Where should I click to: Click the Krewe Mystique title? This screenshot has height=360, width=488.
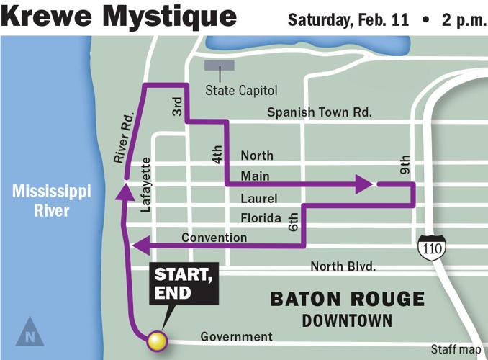coord(119,16)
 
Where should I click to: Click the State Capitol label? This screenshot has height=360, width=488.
coord(240,91)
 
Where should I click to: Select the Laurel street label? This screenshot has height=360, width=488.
coord(259,197)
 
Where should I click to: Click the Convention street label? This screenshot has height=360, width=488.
coord(214,238)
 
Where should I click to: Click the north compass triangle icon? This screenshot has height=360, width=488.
coord(29,331)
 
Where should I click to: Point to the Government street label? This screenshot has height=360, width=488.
coord(236,336)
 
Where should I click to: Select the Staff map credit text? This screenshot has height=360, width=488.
coord(456,350)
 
